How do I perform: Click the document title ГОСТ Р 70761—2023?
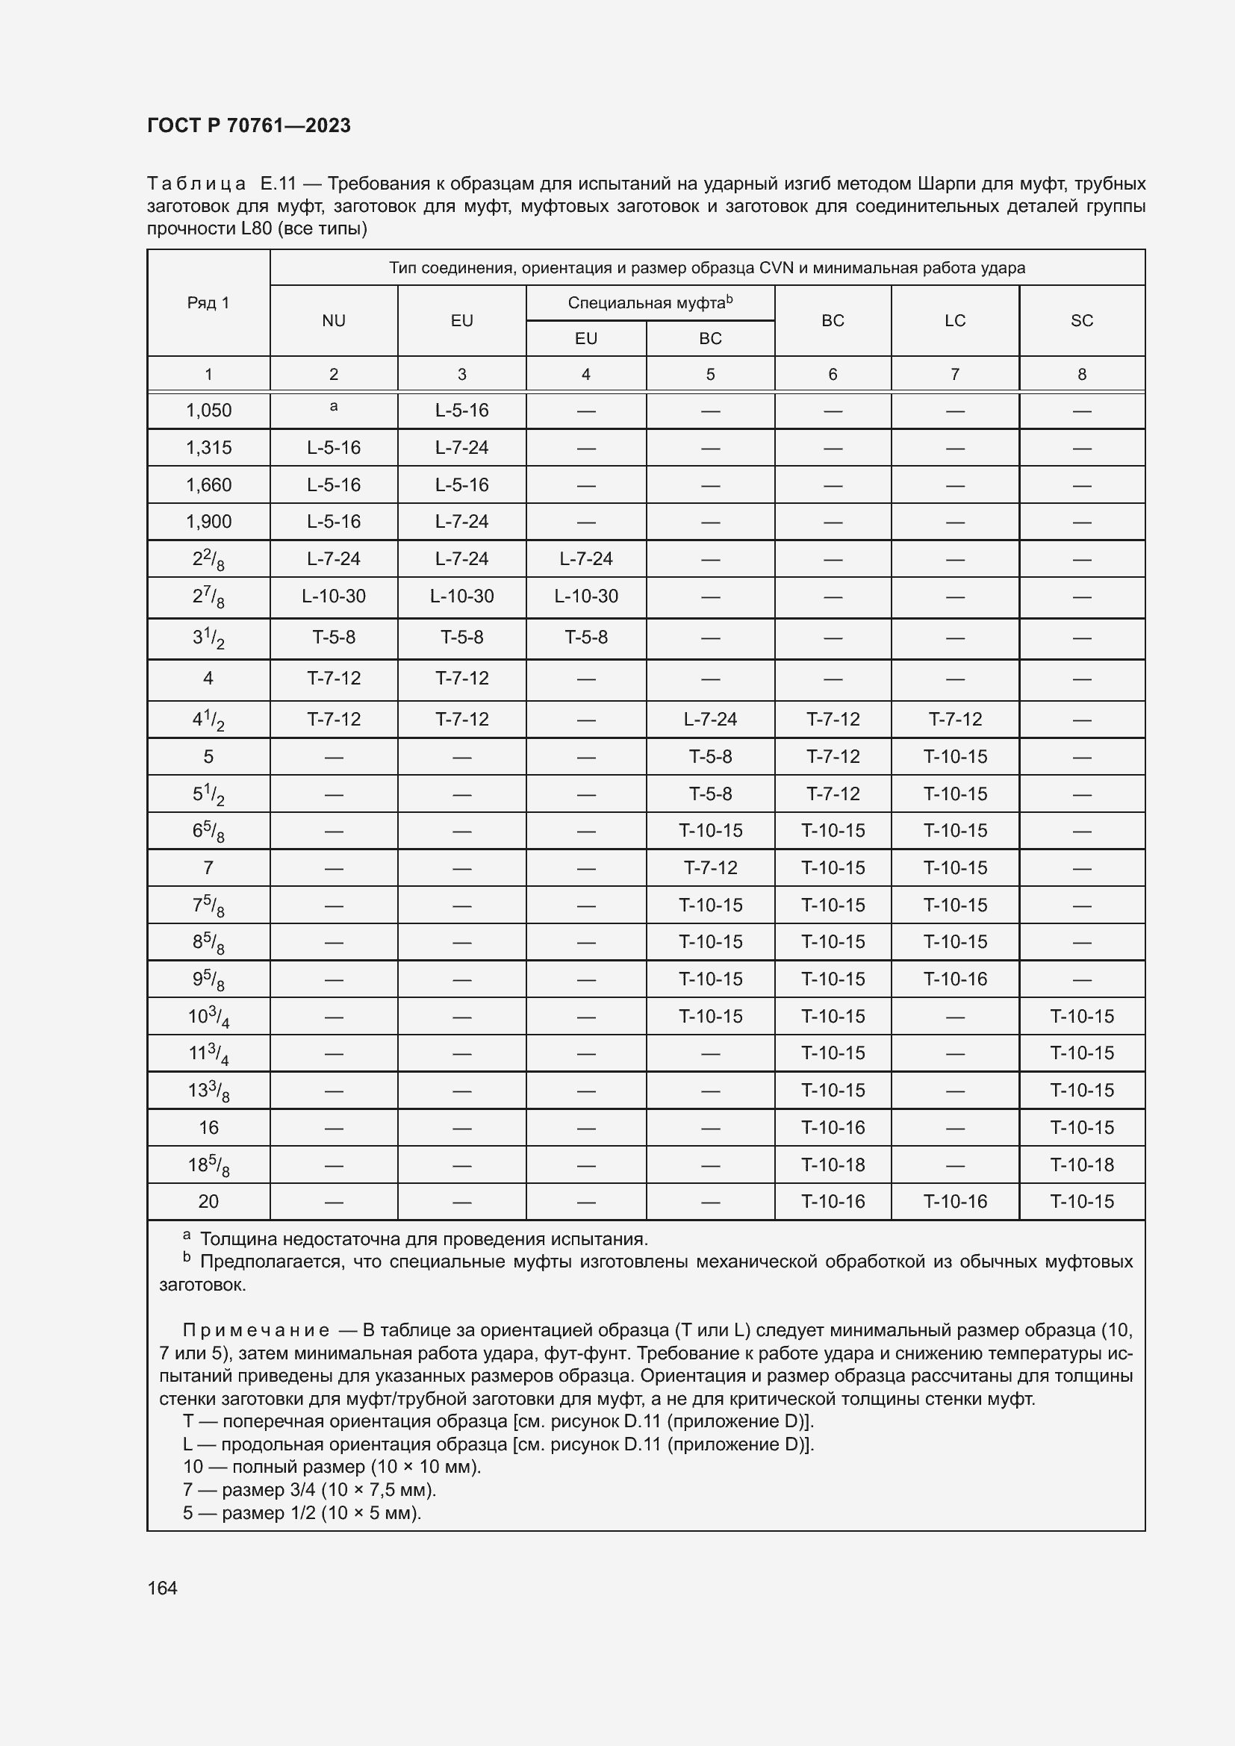tap(249, 125)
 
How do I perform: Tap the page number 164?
tap(162, 1588)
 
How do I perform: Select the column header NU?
tap(333, 320)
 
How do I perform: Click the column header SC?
tap(1081, 320)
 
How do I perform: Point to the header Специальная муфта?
tap(649, 302)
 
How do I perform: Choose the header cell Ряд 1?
tap(208, 302)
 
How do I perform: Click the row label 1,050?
tap(208, 411)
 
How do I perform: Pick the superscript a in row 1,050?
tap(333, 407)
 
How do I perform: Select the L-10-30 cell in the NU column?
tap(333, 596)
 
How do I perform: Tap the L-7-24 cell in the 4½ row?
tap(710, 720)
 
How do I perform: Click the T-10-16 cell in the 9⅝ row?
tap(954, 979)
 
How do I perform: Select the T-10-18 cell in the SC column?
tap(1081, 1165)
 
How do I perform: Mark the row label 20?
tap(208, 1202)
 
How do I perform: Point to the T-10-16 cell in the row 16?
tap(833, 1128)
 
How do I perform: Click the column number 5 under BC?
tap(710, 374)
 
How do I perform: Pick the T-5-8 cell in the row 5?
tap(710, 757)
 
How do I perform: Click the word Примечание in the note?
tap(255, 1331)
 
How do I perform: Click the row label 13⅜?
tap(208, 1091)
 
